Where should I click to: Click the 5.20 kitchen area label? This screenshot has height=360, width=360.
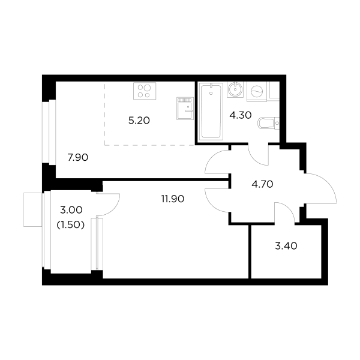(139, 121)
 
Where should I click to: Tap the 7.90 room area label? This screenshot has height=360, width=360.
(78, 157)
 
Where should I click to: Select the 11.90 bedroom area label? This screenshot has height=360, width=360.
(173, 199)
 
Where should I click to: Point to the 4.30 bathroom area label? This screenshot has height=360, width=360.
(241, 115)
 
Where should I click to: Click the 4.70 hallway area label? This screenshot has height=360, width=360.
(262, 184)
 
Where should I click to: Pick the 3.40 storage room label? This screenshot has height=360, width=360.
(286, 246)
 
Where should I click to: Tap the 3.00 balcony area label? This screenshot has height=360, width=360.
(71, 210)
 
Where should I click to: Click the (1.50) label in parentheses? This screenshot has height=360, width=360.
(71, 225)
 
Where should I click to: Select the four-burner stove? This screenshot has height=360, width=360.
(145, 91)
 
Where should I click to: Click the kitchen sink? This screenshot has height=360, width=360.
(185, 109)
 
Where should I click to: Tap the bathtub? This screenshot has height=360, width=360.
(211, 112)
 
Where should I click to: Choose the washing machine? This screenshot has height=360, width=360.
(257, 91)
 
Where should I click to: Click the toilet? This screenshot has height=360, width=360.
(268, 123)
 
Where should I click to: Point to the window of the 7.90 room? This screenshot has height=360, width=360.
(49, 131)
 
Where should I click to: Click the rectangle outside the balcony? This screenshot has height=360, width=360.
(33, 209)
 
